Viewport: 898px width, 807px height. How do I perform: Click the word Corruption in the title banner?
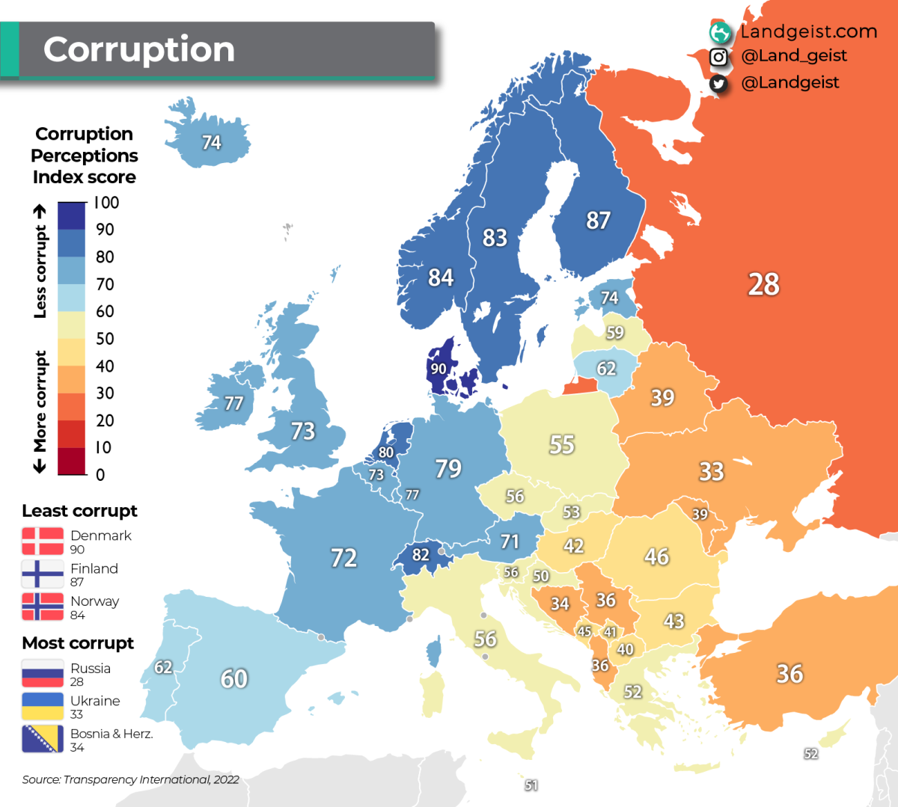click(x=139, y=49)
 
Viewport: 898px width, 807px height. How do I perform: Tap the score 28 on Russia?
click(x=763, y=284)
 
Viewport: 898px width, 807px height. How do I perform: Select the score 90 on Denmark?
click(x=439, y=369)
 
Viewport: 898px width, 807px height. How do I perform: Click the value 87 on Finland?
click(x=598, y=220)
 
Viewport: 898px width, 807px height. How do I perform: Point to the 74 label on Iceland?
click(x=211, y=142)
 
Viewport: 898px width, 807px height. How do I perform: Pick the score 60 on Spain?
click(x=233, y=678)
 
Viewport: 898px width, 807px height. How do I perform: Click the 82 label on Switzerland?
click(x=421, y=555)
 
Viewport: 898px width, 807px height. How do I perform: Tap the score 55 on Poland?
click(x=561, y=445)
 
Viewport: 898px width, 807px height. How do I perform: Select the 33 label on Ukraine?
click(x=711, y=471)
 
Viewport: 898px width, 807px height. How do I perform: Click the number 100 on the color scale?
click(x=106, y=203)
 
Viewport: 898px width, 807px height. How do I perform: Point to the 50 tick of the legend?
click(x=105, y=339)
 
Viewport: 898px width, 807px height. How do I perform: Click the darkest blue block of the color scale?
click(x=72, y=216)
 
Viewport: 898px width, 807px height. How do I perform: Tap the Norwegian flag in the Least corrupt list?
click(x=43, y=607)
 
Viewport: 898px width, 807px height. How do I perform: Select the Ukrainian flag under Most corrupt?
click(x=43, y=706)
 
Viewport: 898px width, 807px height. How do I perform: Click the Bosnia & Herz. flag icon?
click(x=43, y=739)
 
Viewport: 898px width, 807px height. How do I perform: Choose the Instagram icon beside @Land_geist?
click(x=718, y=57)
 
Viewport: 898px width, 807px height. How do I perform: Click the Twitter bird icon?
click(x=718, y=83)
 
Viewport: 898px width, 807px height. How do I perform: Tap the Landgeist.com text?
click(x=808, y=31)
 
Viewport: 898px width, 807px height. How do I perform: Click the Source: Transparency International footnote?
click(x=130, y=779)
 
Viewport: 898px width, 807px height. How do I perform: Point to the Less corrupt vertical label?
click(x=40, y=262)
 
